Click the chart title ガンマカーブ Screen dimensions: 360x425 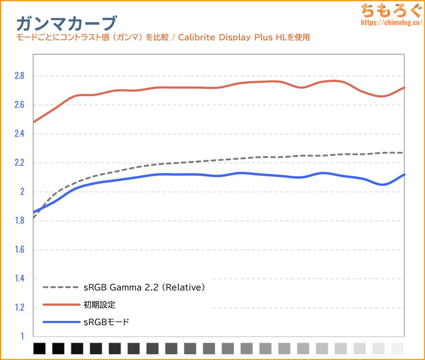point(66,23)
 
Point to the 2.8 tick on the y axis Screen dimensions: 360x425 point(18,76)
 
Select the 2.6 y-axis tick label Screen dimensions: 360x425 point(18,105)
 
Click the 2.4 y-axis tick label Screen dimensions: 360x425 point(18,134)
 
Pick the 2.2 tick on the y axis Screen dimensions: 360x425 point(18,163)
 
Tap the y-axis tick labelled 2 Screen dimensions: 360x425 point(21,192)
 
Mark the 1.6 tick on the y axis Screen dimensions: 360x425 point(18,250)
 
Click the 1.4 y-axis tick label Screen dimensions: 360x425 point(18,279)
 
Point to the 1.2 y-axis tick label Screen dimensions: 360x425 point(18,308)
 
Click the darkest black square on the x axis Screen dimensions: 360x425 point(39,349)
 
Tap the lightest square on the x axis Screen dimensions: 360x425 point(398,349)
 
